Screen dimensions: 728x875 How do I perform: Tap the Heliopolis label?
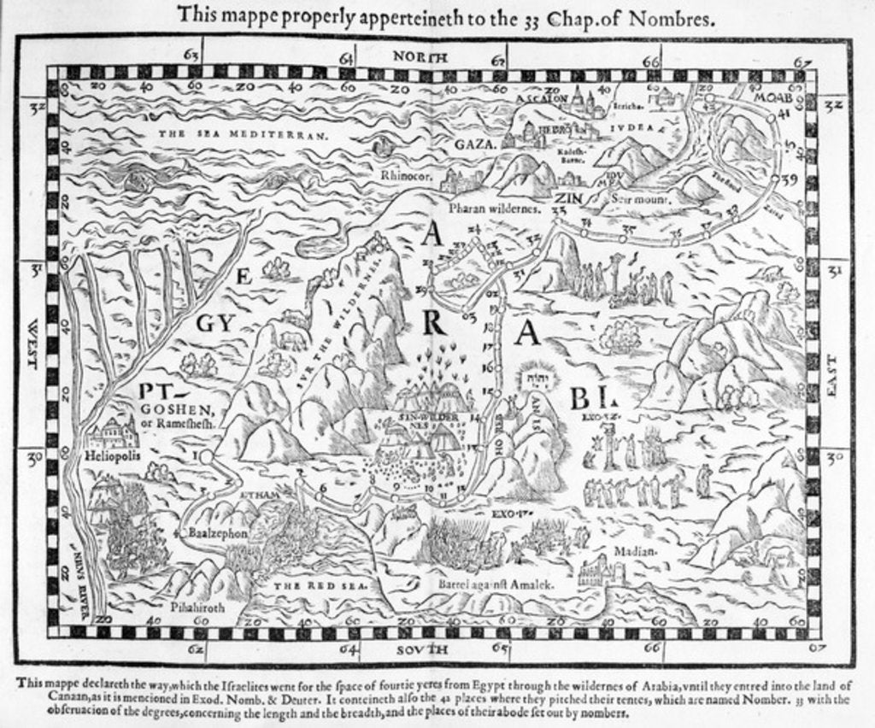point(111,457)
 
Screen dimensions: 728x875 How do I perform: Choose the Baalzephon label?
point(216,532)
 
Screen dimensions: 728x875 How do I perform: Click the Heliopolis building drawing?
point(112,433)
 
